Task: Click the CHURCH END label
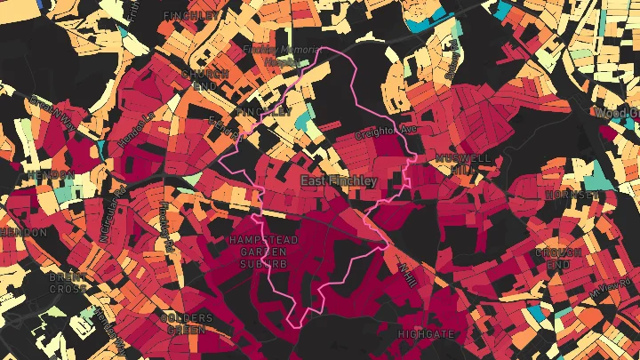tap(198, 79)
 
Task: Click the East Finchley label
tap(339, 181)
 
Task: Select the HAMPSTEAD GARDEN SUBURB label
tap(259, 252)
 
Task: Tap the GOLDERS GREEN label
tap(186, 323)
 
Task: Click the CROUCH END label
tap(558, 259)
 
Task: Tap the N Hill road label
tap(408, 272)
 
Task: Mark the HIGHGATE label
tap(426, 334)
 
